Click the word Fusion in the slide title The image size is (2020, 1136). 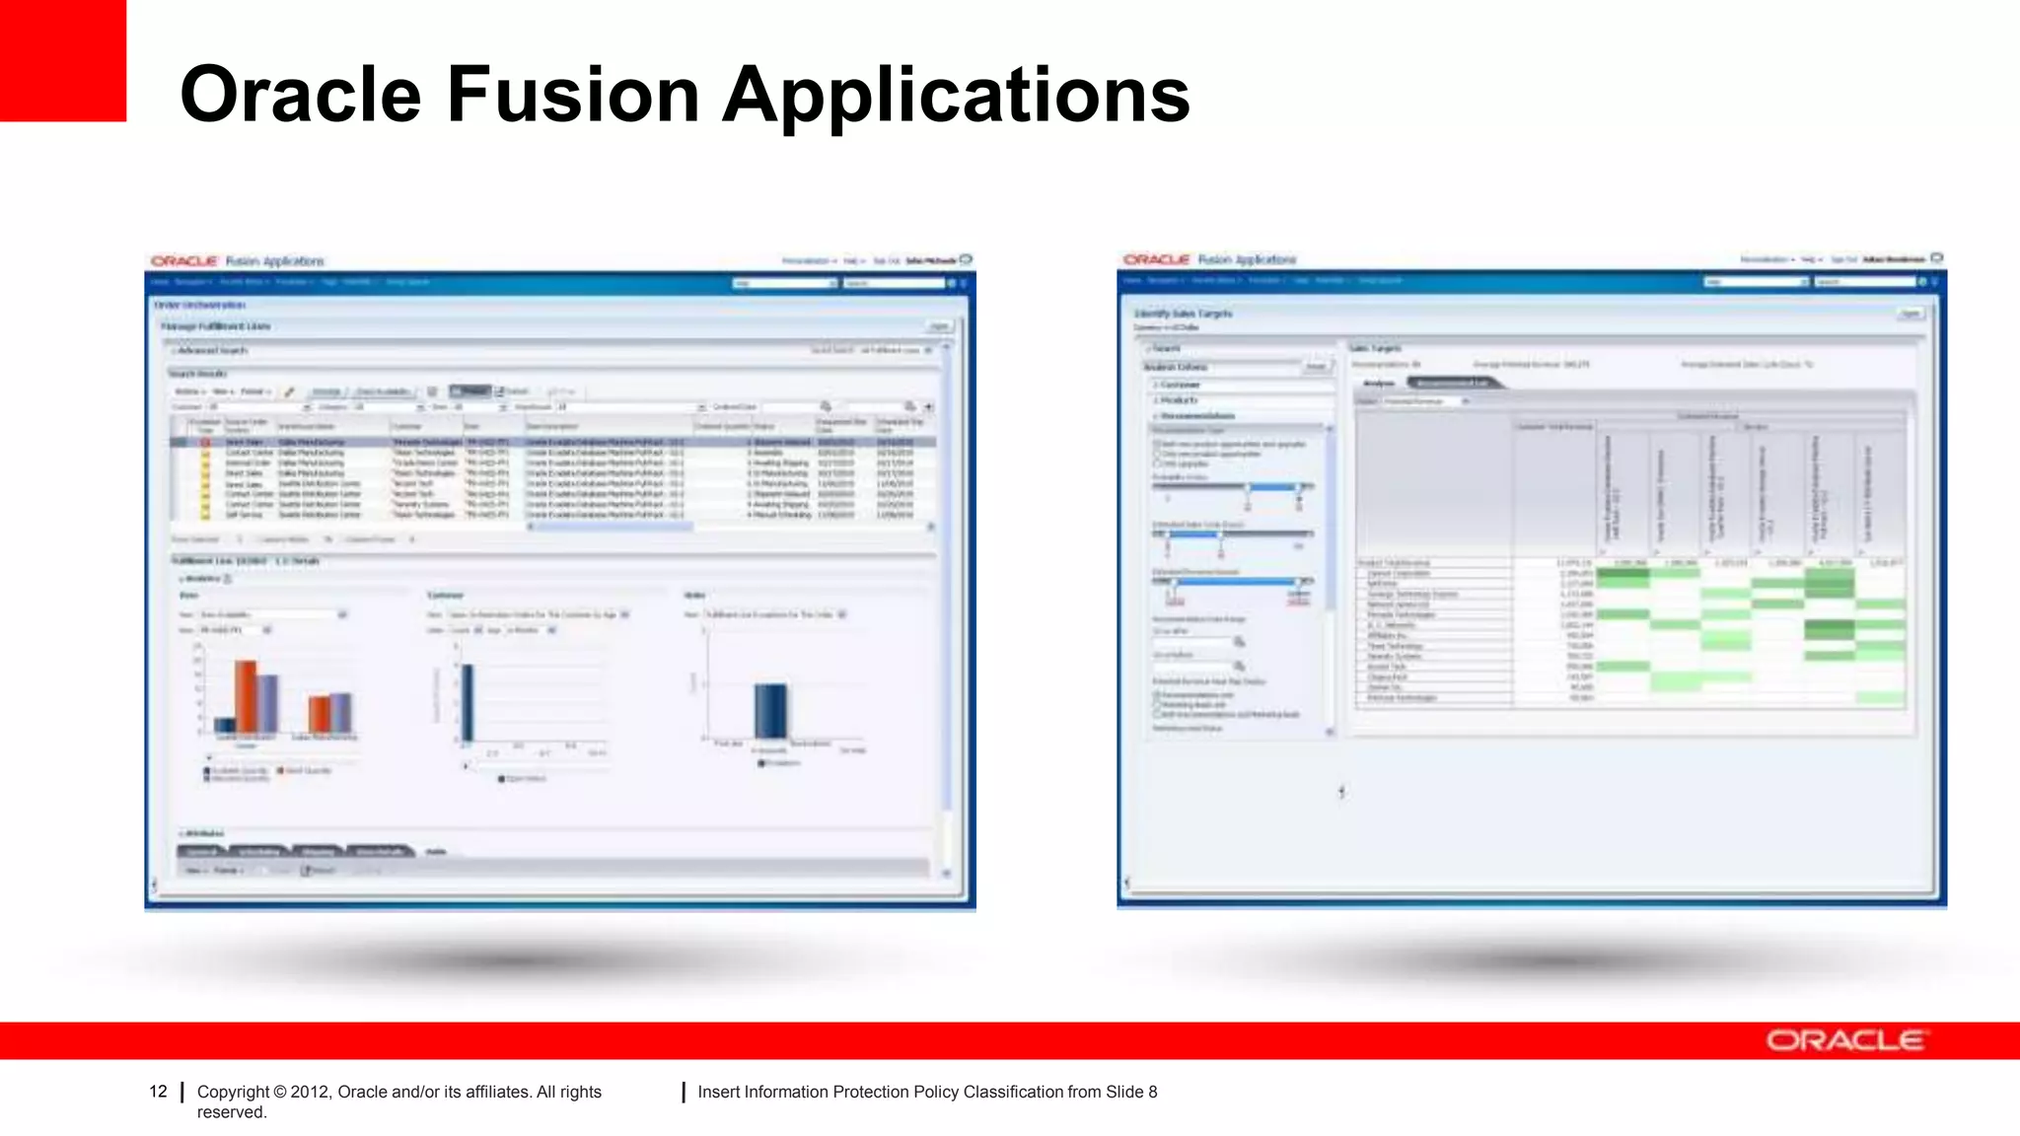573,95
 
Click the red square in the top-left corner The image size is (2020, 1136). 62,59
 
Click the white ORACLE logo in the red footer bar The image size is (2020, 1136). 1844,1040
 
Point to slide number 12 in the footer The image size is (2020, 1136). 158,1092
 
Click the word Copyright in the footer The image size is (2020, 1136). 233,1092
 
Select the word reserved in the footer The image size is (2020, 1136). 232,1112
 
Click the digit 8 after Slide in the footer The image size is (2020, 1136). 1153,1092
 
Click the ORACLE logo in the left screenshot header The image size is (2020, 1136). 183,261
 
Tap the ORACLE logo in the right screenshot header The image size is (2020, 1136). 1156,259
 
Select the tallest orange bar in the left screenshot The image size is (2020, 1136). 246,695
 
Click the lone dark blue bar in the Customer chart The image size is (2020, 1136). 468,702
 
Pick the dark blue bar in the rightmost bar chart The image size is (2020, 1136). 770,710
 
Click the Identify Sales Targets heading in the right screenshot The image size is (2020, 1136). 1183,314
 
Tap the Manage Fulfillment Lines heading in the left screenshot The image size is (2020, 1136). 216,326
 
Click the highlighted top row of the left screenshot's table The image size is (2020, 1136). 552,442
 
